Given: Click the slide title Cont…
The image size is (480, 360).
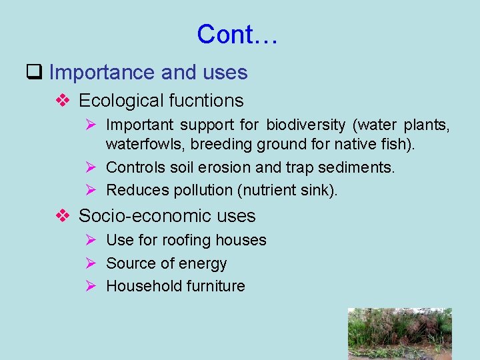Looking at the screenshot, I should [x=237, y=34].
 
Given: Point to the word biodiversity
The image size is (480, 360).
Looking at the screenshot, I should [x=306, y=125].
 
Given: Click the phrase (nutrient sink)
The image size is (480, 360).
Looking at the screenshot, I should [x=287, y=190].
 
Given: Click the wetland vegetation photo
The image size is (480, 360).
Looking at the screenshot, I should [x=399, y=333].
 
